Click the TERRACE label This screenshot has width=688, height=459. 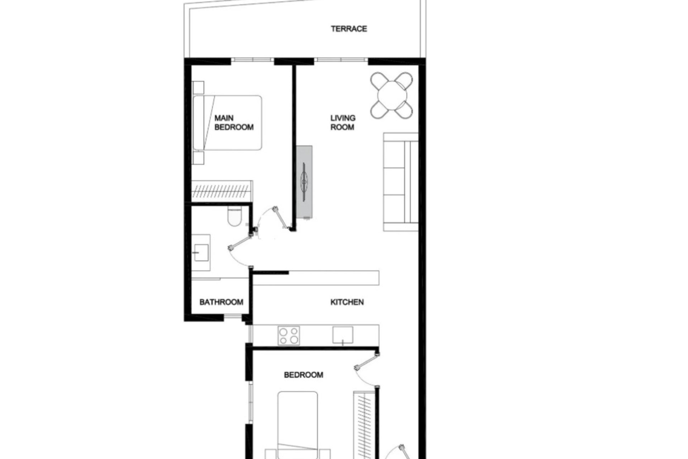click(349, 29)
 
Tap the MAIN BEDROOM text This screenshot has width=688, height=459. click(234, 123)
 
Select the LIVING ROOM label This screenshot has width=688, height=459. click(343, 123)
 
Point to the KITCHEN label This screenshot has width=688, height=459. click(347, 302)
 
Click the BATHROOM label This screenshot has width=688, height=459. click(221, 302)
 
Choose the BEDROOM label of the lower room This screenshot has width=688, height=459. click(304, 375)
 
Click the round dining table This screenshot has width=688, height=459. click(392, 96)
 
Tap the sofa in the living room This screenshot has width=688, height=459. click(401, 182)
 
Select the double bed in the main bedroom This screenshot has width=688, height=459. click(228, 123)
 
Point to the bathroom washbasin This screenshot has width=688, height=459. click(201, 252)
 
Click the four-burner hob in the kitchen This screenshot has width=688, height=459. click(289, 336)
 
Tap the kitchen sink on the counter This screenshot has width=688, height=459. click(343, 335)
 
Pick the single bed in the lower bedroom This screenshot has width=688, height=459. click(297, 423)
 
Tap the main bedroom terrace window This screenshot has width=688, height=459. click(252, 60)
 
